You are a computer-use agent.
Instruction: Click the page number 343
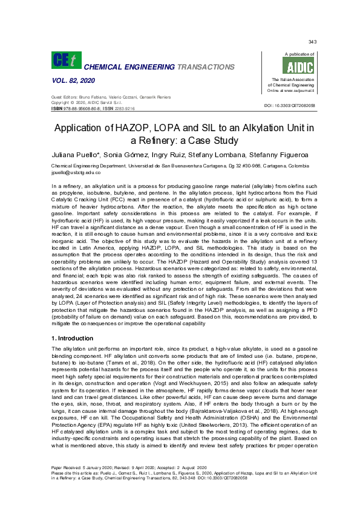[x=312, y=42]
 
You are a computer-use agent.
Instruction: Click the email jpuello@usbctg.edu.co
[x=77, y=172]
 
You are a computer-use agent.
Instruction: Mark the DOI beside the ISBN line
[x=290, y=106]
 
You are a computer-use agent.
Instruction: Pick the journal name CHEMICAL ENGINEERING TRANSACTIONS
[x=160, y=66]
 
